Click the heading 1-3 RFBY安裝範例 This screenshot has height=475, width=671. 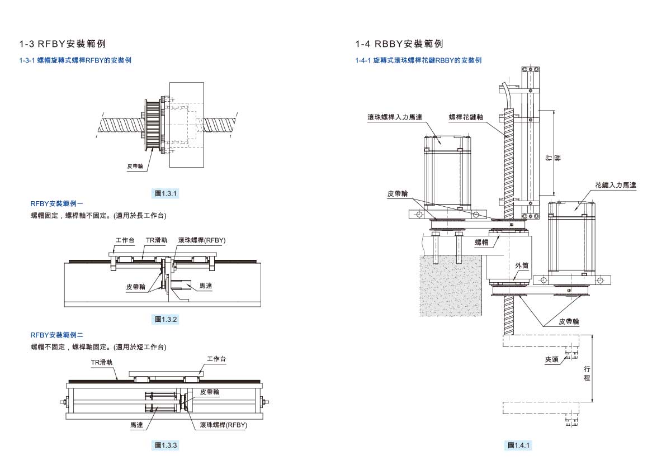tap(62, 44)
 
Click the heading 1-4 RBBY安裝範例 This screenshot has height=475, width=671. tap(399, 44)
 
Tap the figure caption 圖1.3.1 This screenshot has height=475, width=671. tap(166, 194)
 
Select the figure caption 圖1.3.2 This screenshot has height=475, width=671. tap(166, 320)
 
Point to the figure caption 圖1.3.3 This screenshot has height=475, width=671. tap(166, 445)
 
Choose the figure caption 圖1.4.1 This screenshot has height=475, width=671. tap(519, 445)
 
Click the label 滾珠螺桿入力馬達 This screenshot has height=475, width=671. tap(395, 117)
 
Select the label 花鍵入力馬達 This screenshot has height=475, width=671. tap(616, 184)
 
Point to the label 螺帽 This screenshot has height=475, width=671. tap(481, 242)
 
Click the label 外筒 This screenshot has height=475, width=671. tap(521, 266)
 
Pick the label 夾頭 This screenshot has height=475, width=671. tap(552, 360)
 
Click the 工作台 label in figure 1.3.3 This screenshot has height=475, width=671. tap(216, 359)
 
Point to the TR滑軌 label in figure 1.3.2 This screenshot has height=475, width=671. tap(157, 240)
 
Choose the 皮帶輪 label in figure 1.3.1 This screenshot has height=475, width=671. tap(135, 166)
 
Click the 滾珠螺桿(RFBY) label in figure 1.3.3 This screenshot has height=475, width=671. tap(224, 425)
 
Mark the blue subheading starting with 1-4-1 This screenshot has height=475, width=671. tap(418, 60)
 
